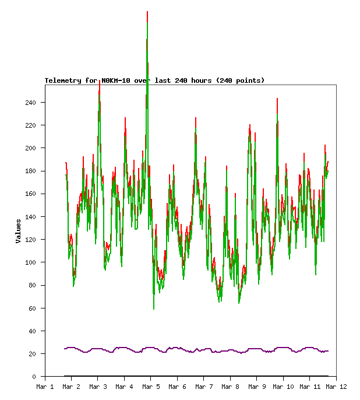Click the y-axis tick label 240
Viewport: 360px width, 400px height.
30,103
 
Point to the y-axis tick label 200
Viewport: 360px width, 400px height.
30,148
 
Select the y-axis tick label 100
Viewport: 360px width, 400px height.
30,262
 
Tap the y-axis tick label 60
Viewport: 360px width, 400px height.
32,308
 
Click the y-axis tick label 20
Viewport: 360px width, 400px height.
32,354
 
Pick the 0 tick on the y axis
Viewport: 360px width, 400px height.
34,377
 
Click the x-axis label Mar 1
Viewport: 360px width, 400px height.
45,387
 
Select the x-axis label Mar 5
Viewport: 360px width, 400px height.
151,387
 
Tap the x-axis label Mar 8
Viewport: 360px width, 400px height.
230,387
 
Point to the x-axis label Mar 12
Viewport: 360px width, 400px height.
336,387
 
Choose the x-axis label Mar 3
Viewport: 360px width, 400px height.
98,387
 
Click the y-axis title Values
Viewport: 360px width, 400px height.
18,231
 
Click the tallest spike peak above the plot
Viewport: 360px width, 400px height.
147,12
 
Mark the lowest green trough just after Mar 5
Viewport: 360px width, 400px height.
154,308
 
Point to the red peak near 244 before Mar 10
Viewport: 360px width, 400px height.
277,99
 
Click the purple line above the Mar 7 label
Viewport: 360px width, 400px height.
204,350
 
